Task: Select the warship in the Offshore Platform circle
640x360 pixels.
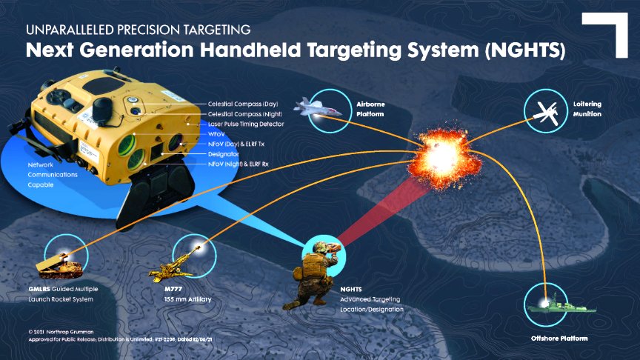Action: pyautogui.click(x=550, y=302)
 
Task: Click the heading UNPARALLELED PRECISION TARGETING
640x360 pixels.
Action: pyautogui.click(x=138, y=30)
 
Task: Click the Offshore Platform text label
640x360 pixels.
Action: pyautogui.click(x=559, y=339)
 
